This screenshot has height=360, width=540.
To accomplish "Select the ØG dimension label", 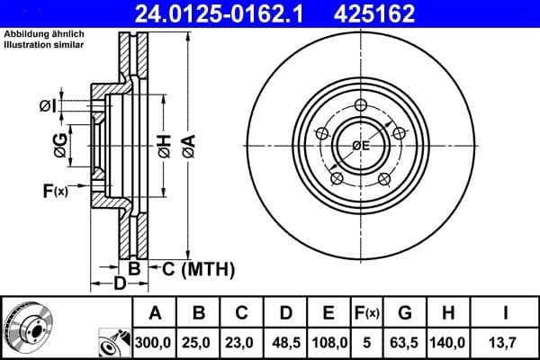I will [x=60, y=147].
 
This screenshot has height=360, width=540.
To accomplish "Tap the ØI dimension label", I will [x=48, y=107].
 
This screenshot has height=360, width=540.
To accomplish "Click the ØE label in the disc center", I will [x=360, y=145].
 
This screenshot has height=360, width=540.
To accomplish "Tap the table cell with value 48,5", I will [x=286, y=343].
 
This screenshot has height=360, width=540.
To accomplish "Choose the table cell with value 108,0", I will [x=329, y=343].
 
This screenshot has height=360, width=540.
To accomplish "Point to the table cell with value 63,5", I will [x=405, y=343].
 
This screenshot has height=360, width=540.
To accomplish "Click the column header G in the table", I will [x=405, y=313].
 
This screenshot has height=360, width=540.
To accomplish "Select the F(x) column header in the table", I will [x=368, y=313].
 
